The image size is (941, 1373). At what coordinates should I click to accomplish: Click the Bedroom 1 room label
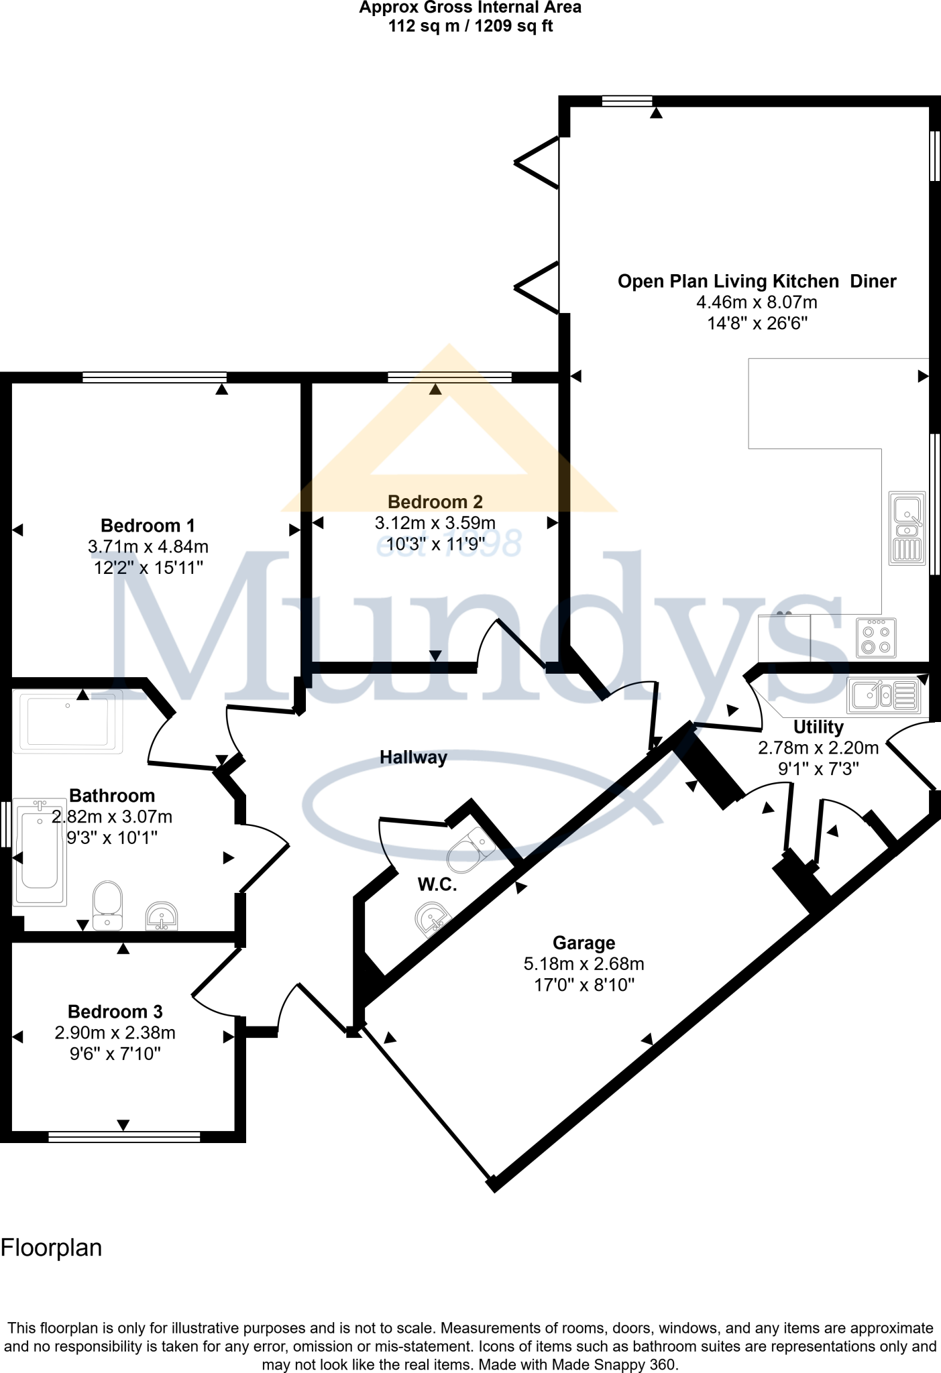[x=148, y=526]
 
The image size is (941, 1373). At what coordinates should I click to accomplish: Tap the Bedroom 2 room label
[x=435, y=501]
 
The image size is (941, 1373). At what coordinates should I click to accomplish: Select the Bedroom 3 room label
[x=115, y=1011]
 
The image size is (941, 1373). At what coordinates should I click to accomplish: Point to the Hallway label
[x=413, y=758]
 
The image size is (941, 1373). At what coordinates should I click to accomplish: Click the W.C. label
[x=437, y=884]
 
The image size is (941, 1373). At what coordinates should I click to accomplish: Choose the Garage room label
[x=584, y=943]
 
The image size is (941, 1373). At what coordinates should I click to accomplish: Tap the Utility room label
[x=818, y=727]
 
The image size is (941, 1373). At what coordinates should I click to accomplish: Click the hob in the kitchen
[x=876, y=638]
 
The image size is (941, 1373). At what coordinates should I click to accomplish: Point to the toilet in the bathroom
[x=107, y=905]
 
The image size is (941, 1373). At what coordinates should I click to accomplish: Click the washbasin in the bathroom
[x=162, y=916]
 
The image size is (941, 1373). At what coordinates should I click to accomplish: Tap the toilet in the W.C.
[x=471, y=849]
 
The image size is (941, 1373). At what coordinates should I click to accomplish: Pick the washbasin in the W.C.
[x=433, y=918]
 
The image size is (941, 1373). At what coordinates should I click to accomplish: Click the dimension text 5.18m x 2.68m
[x=584, y=964]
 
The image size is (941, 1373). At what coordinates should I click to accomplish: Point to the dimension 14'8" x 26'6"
[x=757, y=323]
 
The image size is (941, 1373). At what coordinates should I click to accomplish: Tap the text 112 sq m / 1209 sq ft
[x=470, y=26]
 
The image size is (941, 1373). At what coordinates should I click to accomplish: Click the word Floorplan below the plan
[x=52, y=1248]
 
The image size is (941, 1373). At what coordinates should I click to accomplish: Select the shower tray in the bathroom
[x=67, y=721]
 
